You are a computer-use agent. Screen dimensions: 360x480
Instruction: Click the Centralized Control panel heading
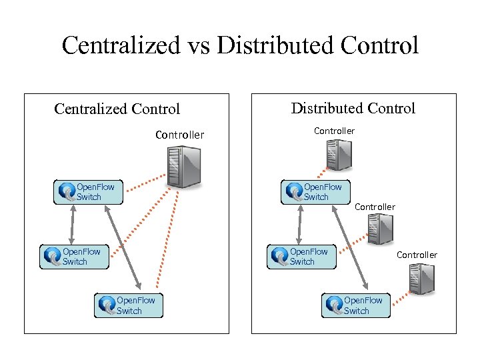click(x=117, y=109)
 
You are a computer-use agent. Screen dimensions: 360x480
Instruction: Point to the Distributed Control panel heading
click(x=353, y=108)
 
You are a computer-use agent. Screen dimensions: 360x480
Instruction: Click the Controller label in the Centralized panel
click(x=179, y=135)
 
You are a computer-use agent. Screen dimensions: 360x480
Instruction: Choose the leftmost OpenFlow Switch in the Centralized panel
click(x=74, y=257)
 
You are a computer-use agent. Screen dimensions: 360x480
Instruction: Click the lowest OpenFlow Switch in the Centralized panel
click(x=129, y=305)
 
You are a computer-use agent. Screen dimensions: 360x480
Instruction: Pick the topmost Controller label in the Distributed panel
click(x=334, y=131)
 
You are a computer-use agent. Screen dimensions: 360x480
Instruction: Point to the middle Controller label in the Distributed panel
click(x=375, y=207)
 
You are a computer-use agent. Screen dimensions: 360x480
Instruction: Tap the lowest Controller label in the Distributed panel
click(x=417, y=255)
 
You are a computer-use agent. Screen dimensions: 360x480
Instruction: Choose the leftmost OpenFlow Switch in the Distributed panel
click(x=301, y=257)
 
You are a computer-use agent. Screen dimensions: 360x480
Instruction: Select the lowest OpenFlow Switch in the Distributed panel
click(x=356, y=305)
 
